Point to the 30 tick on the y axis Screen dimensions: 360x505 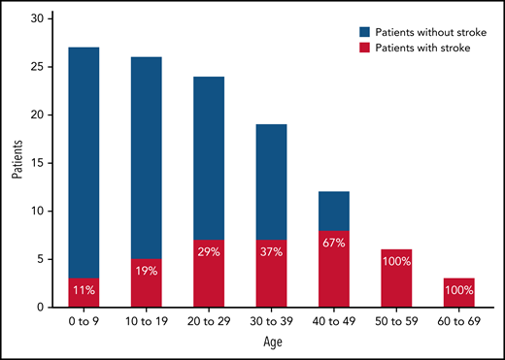[x=37, y=19]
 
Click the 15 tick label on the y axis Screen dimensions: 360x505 [x=37, y=163]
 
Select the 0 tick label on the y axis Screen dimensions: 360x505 [x=40, y=307]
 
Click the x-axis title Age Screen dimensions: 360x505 [x=273, y=343]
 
